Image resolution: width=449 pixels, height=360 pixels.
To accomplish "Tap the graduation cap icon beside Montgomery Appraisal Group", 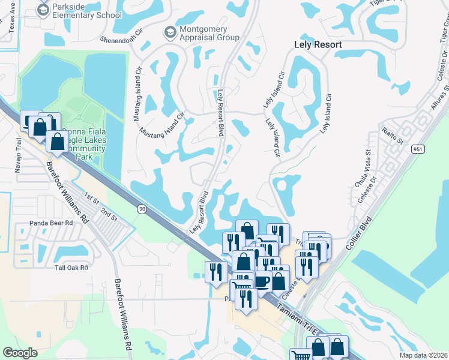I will [170, 31].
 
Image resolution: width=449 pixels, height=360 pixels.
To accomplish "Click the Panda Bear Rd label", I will [51, 223].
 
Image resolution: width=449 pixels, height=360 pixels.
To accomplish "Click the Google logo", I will [20, 352].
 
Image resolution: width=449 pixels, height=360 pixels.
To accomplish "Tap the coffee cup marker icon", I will [262, 281].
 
